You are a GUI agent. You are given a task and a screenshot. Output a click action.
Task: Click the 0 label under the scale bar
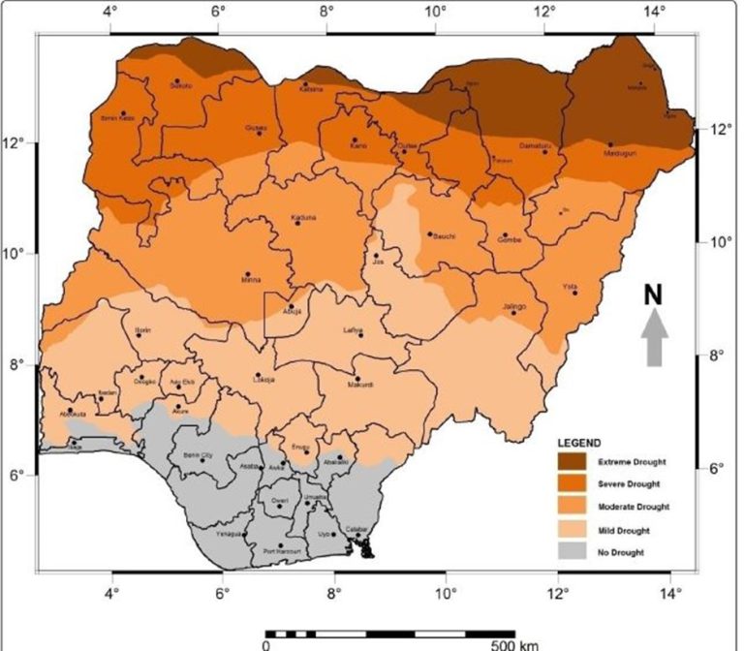pos(265,643)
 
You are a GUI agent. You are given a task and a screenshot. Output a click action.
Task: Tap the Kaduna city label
pos(303,217)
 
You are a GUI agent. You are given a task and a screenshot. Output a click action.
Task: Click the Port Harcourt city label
pos(282,552)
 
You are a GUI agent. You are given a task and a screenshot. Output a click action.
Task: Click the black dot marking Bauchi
pos(429,233)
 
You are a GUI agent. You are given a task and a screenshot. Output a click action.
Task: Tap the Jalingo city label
pos(513,306)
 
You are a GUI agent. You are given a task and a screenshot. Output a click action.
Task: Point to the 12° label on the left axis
pos(16,144)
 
